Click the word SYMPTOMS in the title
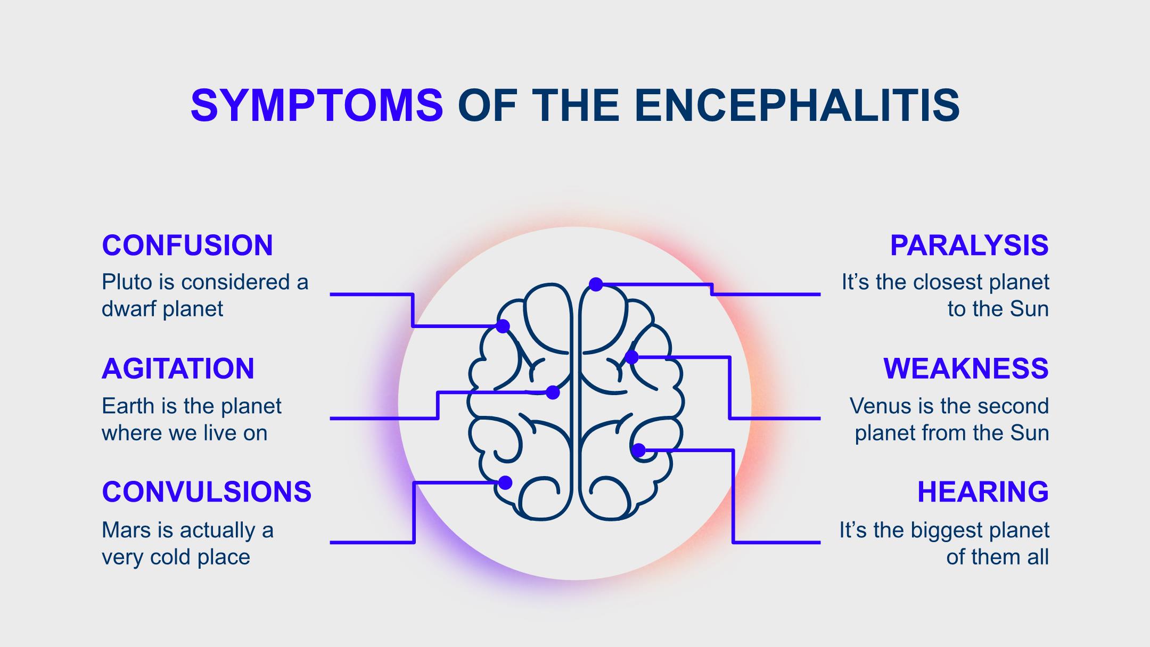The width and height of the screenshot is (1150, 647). click(x=317, y=105)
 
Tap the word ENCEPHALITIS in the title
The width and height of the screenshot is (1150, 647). click(x=797, y=105)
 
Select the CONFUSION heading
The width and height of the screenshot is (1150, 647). click(x=187, y=245)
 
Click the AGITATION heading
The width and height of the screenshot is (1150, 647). click(x=178, y=368)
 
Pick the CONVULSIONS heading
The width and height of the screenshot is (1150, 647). click(x=207, y=492)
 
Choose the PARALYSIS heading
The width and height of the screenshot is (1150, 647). click(x=969, y=245)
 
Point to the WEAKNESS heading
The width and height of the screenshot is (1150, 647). click(x=966, y=368)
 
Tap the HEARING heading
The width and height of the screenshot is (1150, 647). click(x=983, y=492)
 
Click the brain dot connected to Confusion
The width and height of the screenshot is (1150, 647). click(x=503, y=326)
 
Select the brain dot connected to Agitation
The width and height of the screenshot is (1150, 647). click(x=553, y=392)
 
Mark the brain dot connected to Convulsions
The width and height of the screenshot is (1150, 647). click(x=505, y=482)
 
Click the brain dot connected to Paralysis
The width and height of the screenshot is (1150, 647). click(x=596, y=284)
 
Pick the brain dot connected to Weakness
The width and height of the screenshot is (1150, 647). click(x=631, y=357)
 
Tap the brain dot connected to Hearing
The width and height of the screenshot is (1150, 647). click(x=639, y=451)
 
